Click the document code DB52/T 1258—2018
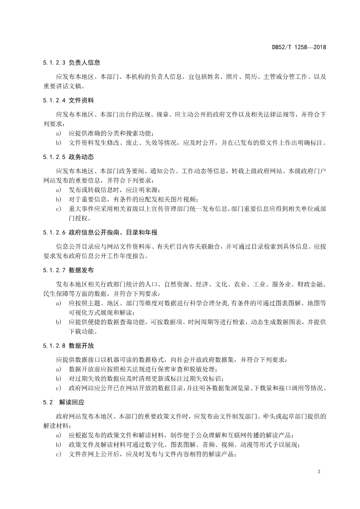(299, 47)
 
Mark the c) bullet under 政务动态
(58, 209)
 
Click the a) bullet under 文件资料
(58, 133)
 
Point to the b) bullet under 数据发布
(58, 322)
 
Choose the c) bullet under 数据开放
(58, 388)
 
